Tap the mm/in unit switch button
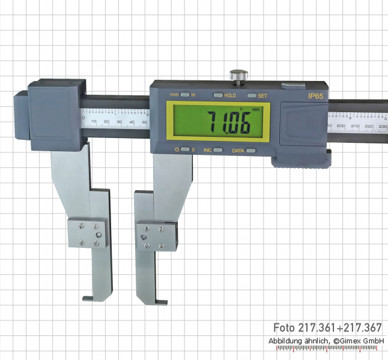click(186, 95)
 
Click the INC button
click(217, 150)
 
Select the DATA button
click(250, 150)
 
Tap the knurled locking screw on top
click(238, 76)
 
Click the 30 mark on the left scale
click(119, 122)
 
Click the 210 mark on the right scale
click(355, 125)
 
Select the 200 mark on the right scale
click(341, 125)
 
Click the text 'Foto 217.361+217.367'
click(327, 328)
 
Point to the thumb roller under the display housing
click(300, 160)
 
